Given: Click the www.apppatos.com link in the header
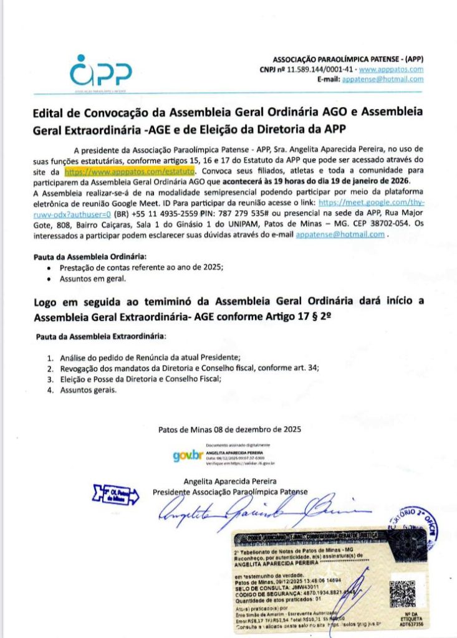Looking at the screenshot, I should [x=394, y=70].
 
